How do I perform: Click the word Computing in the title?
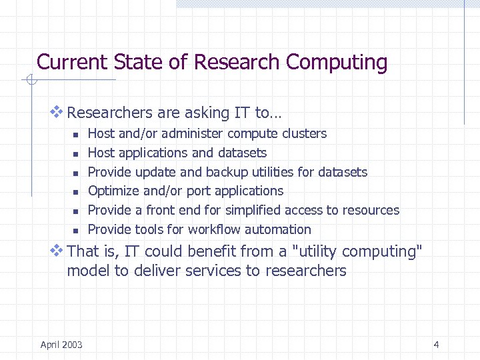pyautogui.click(x=337, y=63)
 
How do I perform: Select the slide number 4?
pyautogui.click(x=436, y=345)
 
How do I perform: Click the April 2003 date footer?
pyautogui.click(x=61, y=345)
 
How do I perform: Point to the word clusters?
pyautogui.click(x=304, y=133)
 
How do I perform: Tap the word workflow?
pyautogui.click(x=215, y=229)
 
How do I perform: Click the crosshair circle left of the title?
pyautogui.click(x=30, y=81)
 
